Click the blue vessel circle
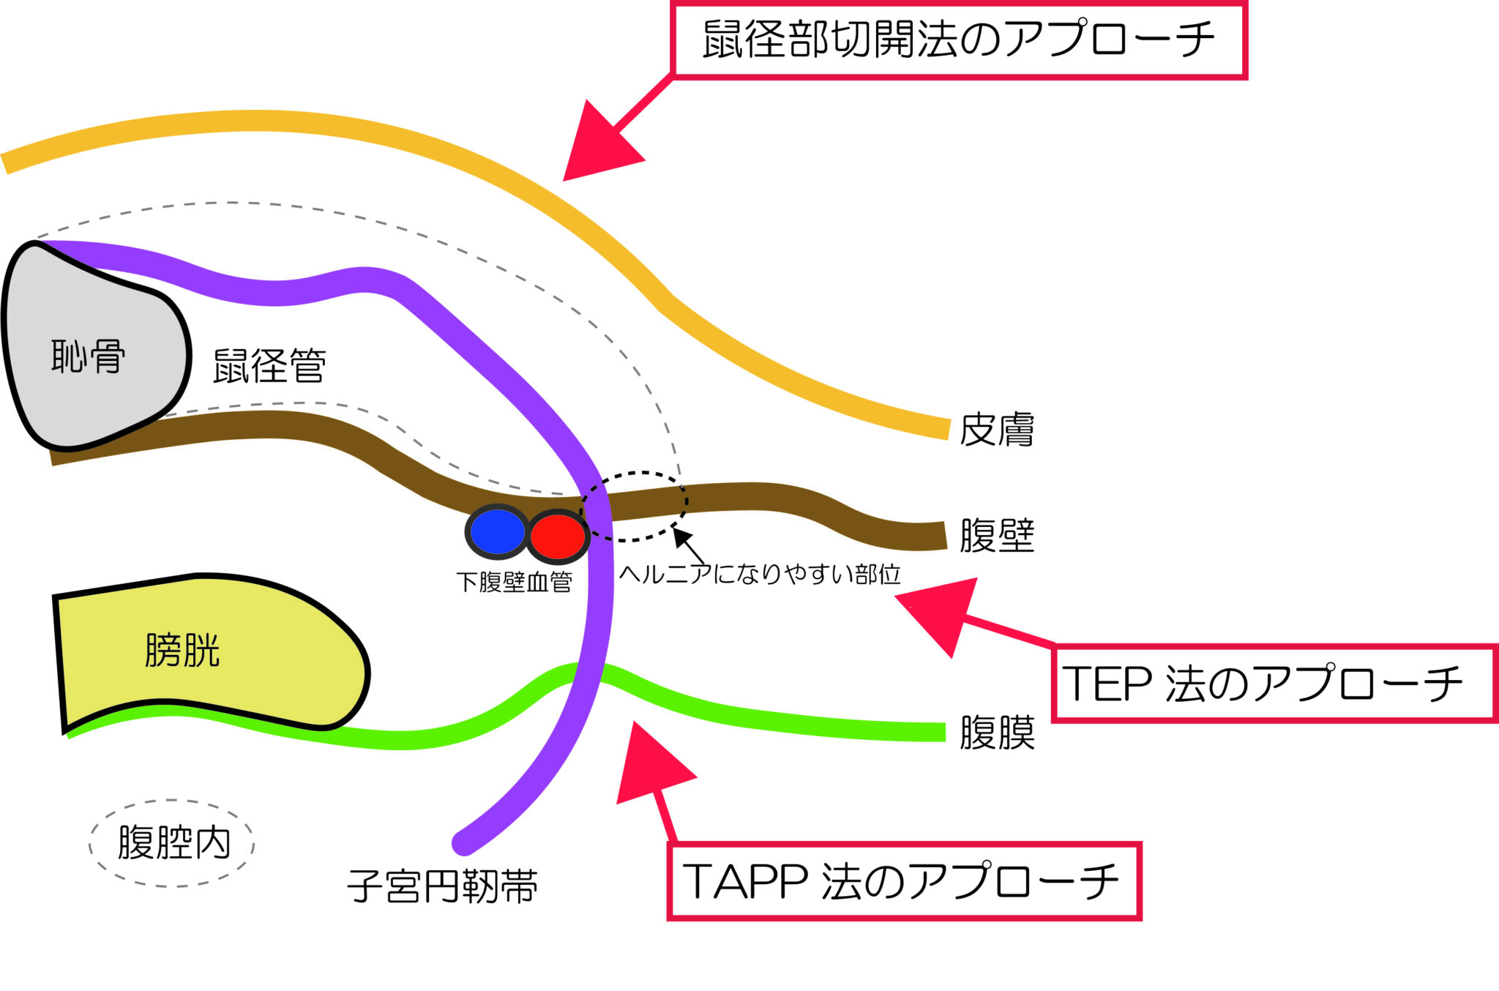click(x=497, y=532)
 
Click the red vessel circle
click(x=558, y=536)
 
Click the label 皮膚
click(x=996, y=430)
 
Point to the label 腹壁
click(x=996, y=536)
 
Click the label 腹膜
click(x=997, y=733)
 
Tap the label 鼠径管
click(x=269, y=366)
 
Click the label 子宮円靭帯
click(x=443, y=886)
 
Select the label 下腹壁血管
click(x=514, y=583)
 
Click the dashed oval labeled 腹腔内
click(x=173, y=843)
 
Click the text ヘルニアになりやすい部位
click(x=760, y=575)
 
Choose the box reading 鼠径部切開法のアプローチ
click(x=959, y=40)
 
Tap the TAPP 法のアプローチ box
click(x=904, y=881)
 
